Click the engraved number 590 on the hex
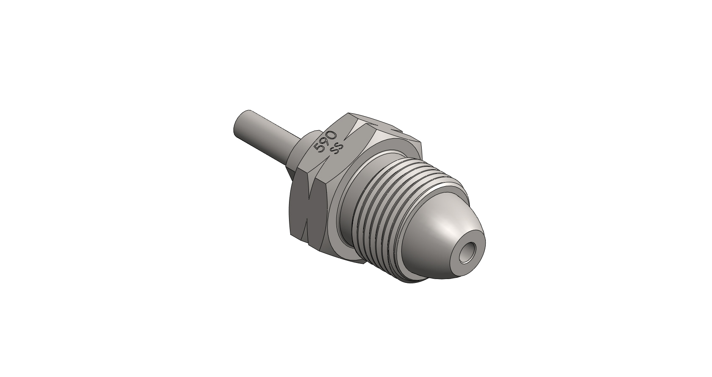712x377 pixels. pyautogui.click(x=325, y=141)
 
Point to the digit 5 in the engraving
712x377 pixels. pyautogui.click(x=319, y=148)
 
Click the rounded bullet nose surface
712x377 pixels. pyautogui.click(x=445, y=235)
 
